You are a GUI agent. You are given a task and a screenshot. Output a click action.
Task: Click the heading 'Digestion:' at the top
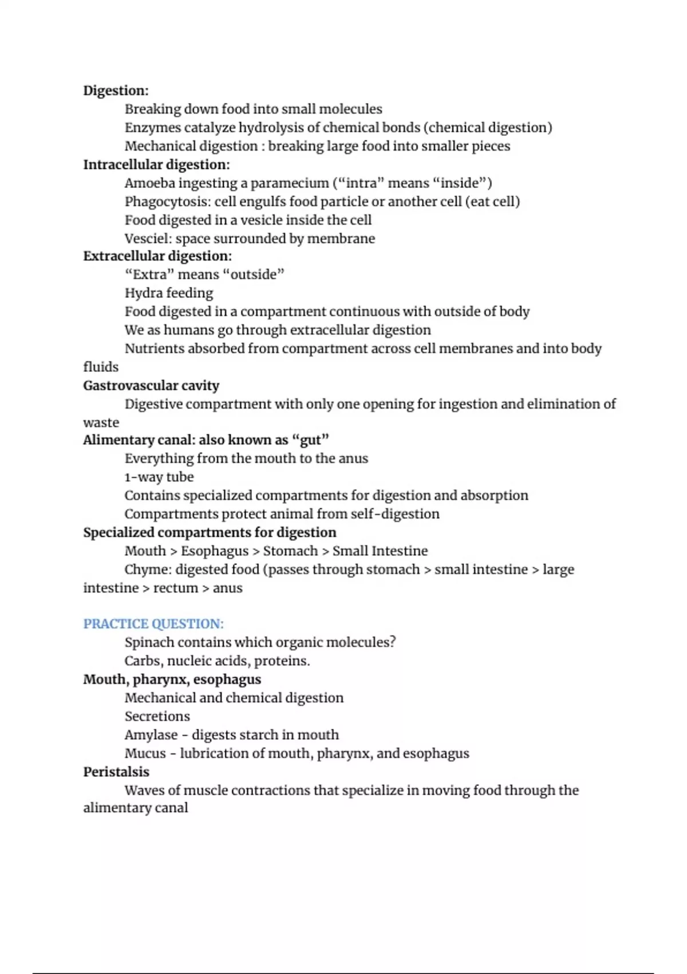pos(116,91)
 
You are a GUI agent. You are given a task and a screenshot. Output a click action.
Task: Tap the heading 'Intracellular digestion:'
pos(156,164)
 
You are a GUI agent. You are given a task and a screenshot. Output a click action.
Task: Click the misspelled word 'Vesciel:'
pos(148,238)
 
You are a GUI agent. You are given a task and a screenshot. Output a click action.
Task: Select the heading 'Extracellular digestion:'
pos(157,256)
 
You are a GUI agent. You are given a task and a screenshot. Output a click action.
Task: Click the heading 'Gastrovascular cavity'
pos(151,386)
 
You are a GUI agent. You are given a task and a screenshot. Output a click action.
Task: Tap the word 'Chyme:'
pos(147,570)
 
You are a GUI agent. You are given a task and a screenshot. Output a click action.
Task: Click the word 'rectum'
pos(175,588)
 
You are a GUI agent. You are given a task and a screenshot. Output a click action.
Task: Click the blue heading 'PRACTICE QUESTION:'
pos(153,624)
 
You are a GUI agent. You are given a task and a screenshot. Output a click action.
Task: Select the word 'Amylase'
pos(151,735)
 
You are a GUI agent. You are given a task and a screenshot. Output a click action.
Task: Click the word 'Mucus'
pos(145,753)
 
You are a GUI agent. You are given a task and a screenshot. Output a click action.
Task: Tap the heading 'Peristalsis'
pos(116,772)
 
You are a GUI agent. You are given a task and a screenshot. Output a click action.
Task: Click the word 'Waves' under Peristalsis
pos(144,790)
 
